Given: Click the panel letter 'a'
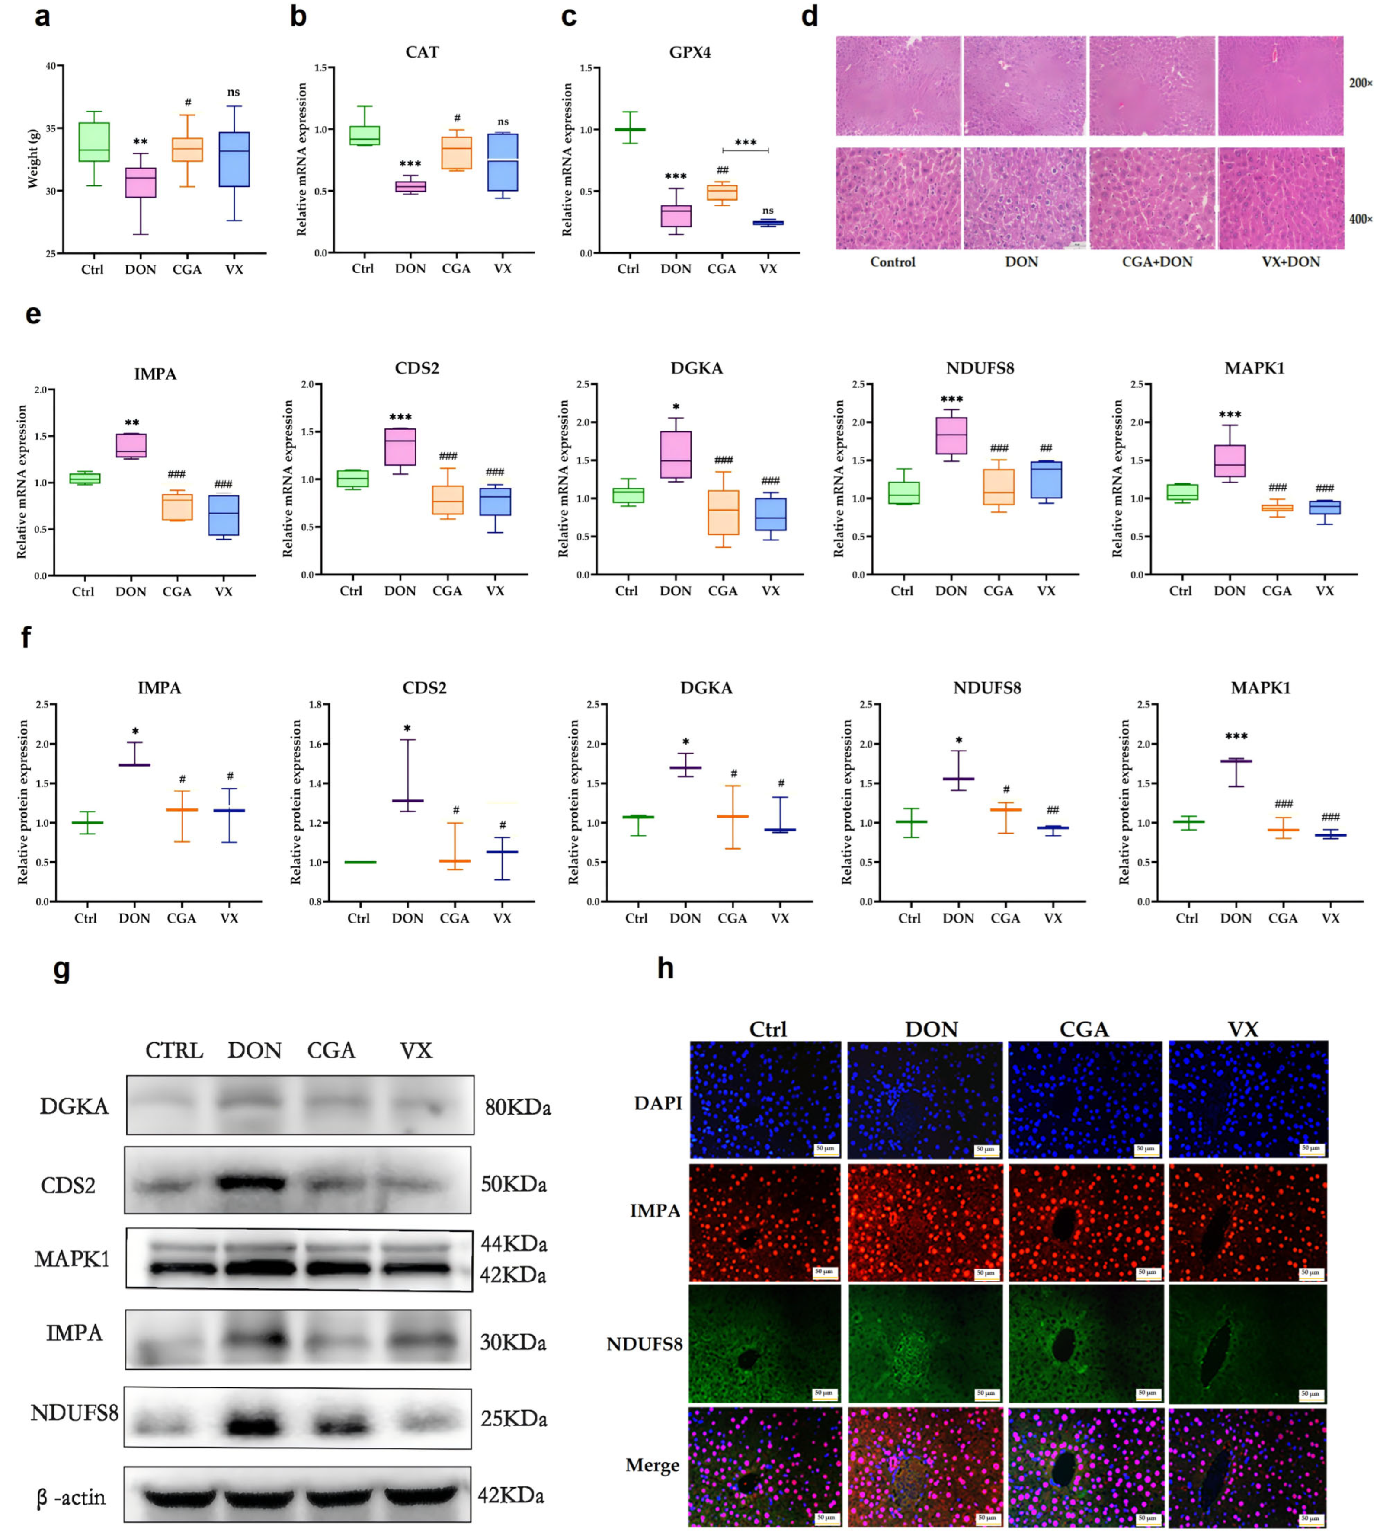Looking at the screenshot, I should click(42, 17).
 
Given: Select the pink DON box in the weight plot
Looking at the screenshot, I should click(140, 182).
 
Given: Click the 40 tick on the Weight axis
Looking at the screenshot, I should click(50, 66).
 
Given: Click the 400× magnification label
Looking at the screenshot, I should click(1360, 219).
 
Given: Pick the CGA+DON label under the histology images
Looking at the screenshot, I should click(1157, 262).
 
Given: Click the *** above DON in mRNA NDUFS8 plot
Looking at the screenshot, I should click(951, 399).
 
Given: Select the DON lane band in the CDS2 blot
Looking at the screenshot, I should click(255, 1182).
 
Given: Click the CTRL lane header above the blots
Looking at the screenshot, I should click(174, 1051).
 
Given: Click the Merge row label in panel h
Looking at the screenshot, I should click(652, 1465).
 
